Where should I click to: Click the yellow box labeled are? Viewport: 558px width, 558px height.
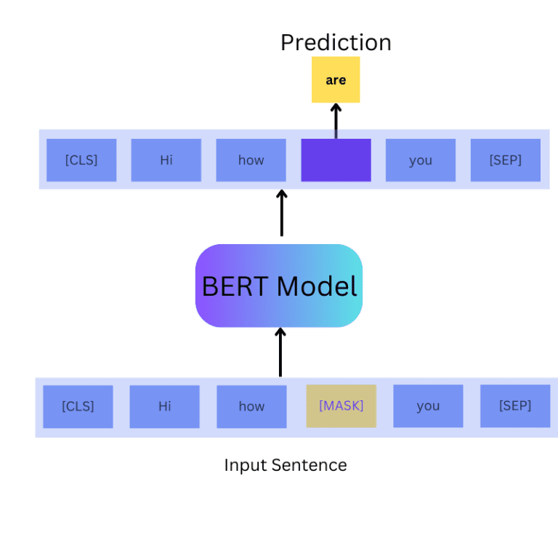[336, 80]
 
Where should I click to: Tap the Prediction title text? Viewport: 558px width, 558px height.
[336, 42]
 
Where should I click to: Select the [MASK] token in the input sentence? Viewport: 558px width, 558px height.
[341, 405]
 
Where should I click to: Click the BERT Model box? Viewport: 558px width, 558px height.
[279, 286]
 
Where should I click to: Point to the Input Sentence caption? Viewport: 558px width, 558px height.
[285, 465]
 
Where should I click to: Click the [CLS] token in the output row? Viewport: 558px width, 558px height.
[81, 160]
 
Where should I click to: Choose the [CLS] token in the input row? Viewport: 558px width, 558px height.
[78, 406]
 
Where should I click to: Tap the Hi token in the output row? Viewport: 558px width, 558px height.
[166, 160]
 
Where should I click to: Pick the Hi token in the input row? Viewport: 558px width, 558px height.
[164, 406]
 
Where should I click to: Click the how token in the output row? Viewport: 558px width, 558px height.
[251, 160]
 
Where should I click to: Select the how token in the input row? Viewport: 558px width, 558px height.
[251, 406]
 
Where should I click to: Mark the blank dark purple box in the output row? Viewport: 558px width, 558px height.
[336, 160]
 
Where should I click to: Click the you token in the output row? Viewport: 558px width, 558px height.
[420, 160]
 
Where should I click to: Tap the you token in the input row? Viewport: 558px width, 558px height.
[428, 406]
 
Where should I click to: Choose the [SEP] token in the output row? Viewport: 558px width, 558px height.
[505, 160]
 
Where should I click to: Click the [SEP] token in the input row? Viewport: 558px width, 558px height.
[514, 406]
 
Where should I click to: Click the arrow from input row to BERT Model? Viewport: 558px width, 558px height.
[280, 352]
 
